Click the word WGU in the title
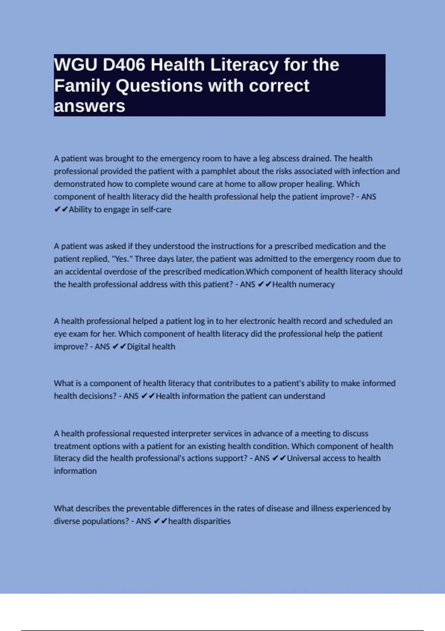click(x=76, y=65)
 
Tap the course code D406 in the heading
click(x=124, y=65)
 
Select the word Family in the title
click(x=82, y=86)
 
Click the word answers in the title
click(x=89, y=106)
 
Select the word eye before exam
click(x=60, y=334)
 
